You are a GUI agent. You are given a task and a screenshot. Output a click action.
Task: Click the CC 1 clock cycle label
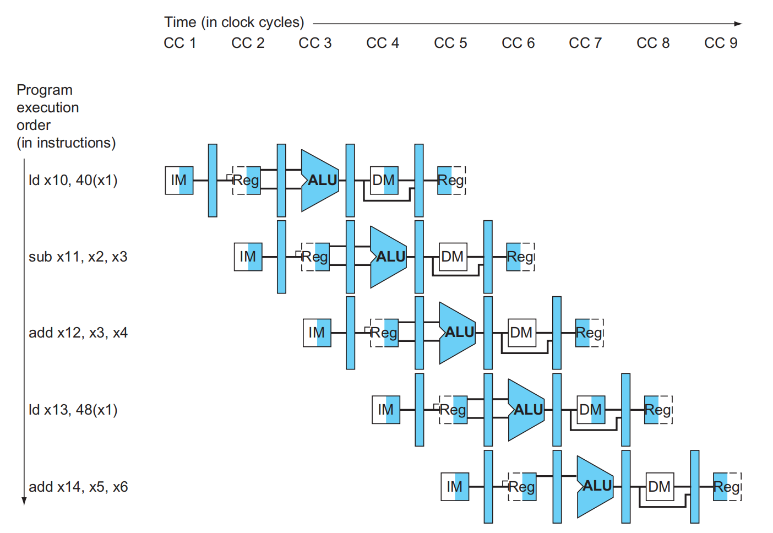179,43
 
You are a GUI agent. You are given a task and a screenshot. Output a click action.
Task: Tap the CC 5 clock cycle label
450,43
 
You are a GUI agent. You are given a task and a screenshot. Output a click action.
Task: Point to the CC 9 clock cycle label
721,43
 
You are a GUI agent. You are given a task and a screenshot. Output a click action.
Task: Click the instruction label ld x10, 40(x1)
73,180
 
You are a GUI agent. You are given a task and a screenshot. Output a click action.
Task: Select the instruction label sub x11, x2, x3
78,257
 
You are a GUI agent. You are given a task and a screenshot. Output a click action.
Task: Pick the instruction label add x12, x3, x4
78,333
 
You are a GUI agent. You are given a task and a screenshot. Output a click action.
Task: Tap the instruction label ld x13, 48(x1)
73,410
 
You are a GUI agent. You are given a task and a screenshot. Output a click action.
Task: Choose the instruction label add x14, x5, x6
78,487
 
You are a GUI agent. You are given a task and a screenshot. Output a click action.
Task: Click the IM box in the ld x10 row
179,180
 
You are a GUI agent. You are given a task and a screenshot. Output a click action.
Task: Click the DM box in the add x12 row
521,333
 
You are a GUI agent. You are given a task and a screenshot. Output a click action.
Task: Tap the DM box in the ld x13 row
591,410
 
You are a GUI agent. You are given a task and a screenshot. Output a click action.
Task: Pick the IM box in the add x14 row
455,487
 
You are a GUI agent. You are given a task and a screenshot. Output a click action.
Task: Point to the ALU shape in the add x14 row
595,486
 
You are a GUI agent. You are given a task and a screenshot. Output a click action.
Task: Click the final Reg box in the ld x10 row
451,180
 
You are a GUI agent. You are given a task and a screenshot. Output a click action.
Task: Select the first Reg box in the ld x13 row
453,410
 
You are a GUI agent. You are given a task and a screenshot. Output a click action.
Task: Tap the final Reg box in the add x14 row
727,487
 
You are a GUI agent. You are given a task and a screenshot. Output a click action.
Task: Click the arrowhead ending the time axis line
739,24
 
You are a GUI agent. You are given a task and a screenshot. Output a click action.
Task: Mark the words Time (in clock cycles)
234,22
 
